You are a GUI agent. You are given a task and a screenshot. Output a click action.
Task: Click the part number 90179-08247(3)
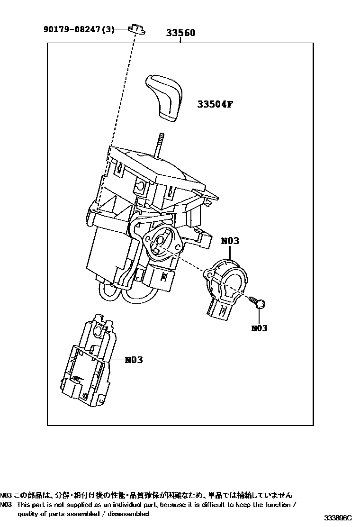tap(79, 29)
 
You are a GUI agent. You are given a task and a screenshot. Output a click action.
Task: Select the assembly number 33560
tap(180, 33)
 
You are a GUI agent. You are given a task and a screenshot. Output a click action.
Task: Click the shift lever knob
tap(163, 96)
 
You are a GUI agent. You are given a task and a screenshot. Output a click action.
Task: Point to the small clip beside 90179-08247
tap(137, 29)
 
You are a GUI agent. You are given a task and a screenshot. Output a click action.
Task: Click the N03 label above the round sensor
tap(230, 241)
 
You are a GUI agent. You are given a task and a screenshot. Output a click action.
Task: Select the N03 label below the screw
tap(259, 328)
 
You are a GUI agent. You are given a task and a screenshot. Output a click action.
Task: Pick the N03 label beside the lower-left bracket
tap(134, 360)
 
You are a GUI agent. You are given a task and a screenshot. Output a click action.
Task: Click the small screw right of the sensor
tap(259, 303)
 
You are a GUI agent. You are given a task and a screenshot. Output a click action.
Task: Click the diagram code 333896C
tap(338, 518)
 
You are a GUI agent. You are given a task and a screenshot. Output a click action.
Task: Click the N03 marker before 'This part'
tap(6, 505)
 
